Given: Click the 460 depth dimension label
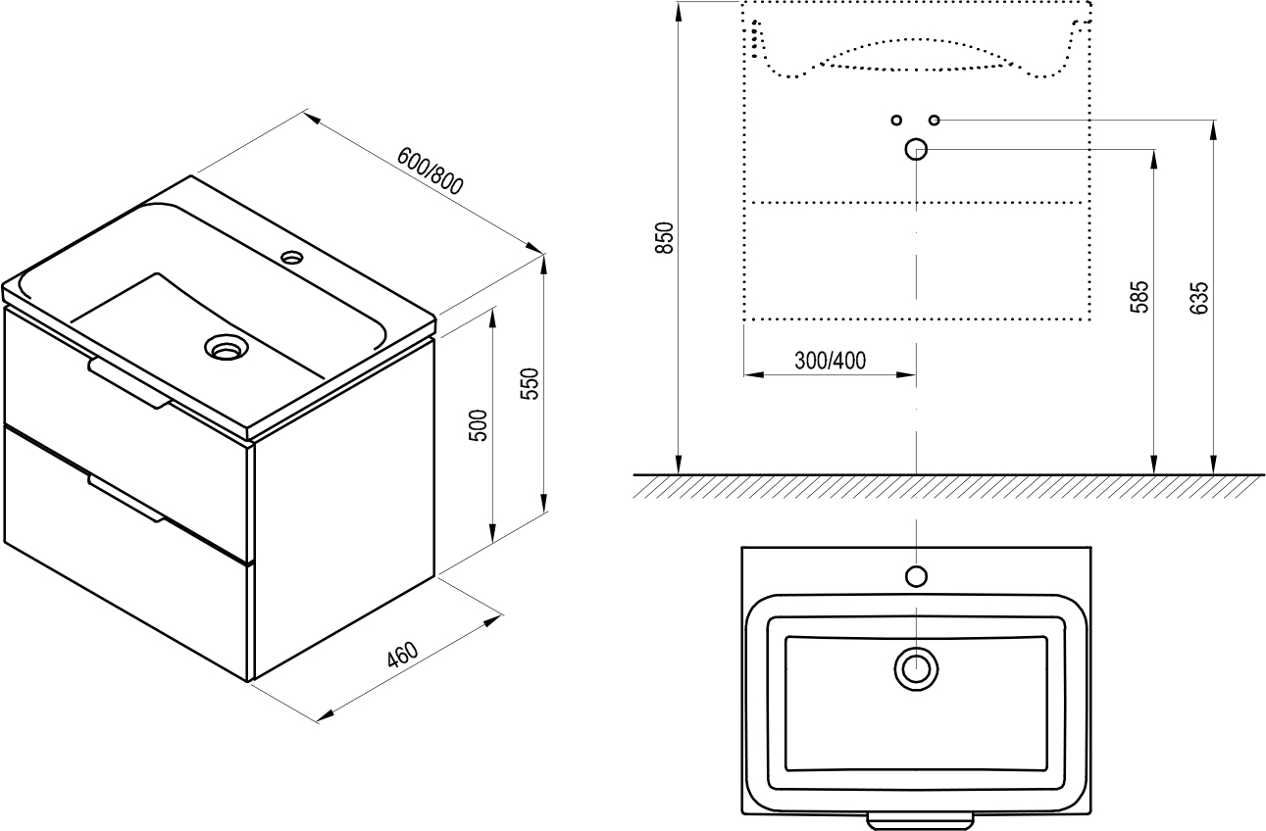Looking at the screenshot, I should click(x=402, y=655).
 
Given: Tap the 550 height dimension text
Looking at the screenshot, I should click(x=530, y=384).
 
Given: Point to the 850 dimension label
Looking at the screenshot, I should click(x=665, y=238).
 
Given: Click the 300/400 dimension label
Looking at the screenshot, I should click(x=830, y=361).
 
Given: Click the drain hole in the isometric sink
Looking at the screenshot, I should click(x=226, y=347).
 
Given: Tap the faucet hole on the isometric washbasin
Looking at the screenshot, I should click(x=292, y=258).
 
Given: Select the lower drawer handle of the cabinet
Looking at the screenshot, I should click(x=126, y=498).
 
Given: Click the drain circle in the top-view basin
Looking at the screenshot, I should click(x=916, y=668).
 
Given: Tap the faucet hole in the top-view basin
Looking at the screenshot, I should click(x=916, y=575).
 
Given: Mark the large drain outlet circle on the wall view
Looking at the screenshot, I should click(x=916, y=149).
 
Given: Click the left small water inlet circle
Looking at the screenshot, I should click(x=895, y=120).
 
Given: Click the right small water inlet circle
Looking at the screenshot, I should click(x=934, y=120).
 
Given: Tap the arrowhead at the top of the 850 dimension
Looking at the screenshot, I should click(x=678, y=10).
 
